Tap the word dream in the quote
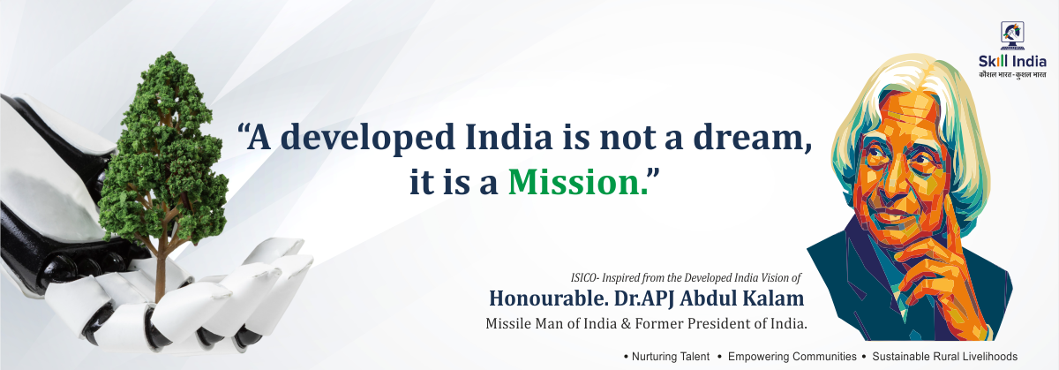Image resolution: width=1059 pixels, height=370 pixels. pos(748,137)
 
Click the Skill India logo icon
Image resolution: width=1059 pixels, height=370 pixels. pos(1012,35)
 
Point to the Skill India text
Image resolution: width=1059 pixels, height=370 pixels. pos(1012,62)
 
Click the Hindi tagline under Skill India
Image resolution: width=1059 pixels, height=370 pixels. pos(1012,75)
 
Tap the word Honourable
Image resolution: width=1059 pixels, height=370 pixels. pos(548,298)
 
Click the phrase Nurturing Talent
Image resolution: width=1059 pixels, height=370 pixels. pos(671,357)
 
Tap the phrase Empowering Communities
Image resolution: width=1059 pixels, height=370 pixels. pos(792,357)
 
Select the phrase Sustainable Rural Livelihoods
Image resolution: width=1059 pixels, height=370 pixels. pos(944,357)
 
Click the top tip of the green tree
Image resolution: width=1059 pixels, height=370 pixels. pos(167,53)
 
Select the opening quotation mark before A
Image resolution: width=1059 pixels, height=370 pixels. pos(242,129)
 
